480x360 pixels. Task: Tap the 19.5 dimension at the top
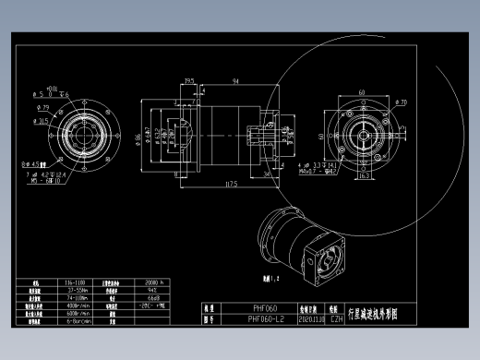tap(190, 82)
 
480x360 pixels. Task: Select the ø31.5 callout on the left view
tap(42, 121)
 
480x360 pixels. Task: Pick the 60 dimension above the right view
tap(360, 92)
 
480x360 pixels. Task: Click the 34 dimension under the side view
tap(266, 173)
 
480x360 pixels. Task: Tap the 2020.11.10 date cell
tap(310, 319)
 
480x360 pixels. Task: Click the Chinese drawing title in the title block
tap(373, 314)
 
